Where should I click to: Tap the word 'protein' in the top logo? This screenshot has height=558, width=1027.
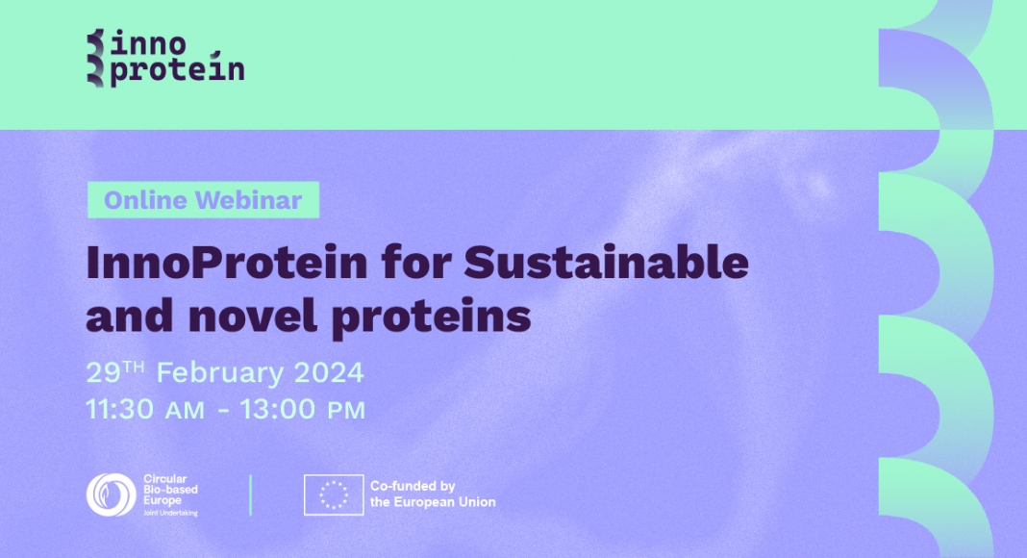[177, 68]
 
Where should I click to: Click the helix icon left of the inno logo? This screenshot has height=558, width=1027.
[95, 58]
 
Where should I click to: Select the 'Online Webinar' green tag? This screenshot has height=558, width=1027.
[203, 200]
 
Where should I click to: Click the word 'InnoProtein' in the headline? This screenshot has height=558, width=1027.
[227, 262]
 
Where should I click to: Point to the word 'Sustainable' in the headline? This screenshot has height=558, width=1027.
[606, 262]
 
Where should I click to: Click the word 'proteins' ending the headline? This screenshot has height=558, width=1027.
[432, 318]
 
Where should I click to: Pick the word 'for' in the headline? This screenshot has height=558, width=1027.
[416, 262]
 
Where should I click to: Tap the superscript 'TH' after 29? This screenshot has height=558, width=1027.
[133, 367]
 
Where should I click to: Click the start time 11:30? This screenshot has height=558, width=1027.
[120, 409]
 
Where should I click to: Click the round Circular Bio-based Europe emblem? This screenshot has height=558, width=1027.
[112, 495]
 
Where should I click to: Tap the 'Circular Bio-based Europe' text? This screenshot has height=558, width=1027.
[170, 490]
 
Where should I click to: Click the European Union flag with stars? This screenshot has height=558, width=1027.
[334, 495]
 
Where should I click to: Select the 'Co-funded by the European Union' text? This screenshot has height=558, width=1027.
[433, 495]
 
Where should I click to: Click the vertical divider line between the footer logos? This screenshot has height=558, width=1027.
[251, 495]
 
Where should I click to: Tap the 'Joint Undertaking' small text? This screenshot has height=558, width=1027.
[170, 513]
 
